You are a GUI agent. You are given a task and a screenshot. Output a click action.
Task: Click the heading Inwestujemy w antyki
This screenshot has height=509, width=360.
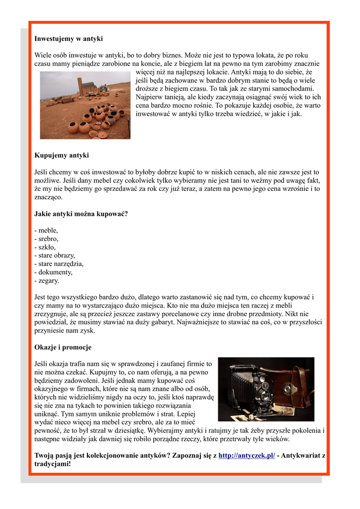pos(69,38)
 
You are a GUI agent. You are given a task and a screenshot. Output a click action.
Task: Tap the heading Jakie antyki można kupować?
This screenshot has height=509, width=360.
pos(81,214)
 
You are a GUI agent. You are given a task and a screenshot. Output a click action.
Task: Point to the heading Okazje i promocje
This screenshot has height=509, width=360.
pos(63,347)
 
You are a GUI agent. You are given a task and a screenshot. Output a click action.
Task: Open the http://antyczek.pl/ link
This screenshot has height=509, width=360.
pos(247,455)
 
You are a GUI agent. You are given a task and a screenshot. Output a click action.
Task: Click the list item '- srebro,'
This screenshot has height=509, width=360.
pos(46,239)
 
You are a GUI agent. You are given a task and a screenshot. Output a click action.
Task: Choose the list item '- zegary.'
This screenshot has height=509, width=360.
pos(47,280)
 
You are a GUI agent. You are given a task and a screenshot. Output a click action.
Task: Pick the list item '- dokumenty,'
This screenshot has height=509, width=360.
pos(53,272)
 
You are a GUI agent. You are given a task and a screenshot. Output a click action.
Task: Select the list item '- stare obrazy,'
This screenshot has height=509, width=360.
pos(55,255)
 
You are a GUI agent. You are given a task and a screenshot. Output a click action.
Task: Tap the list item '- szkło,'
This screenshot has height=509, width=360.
pos(45,247)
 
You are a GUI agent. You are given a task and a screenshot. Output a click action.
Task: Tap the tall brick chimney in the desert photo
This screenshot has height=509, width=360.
pos(79,86)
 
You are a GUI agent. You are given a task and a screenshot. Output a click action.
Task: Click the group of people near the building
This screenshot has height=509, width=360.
pos(104,88)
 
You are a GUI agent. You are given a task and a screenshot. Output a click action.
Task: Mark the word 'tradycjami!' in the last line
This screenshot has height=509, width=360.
pos(53,464)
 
